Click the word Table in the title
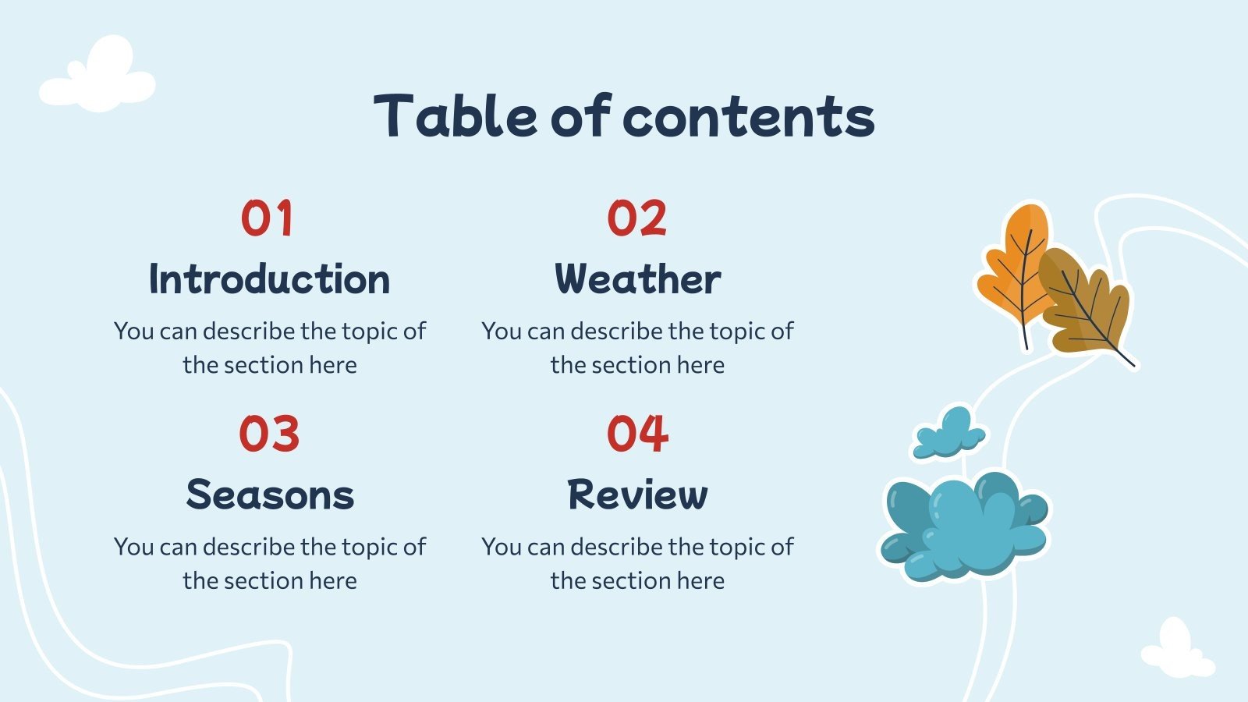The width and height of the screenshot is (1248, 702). pyautogui.click(x=456, y=116)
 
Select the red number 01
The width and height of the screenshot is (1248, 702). pyautogui.click(x=267, y=218)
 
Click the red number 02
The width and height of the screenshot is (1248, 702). pyautogui.click(x=636, y=218)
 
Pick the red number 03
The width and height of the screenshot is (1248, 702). pyautogui.click(x=269, y=434)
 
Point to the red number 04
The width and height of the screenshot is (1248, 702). pyautogui.click(x=637, y=434)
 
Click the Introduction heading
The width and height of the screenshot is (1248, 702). pyautogui.click(x=269, y=279)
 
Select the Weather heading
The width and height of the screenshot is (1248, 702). pyautogui.click(x=637, y=279)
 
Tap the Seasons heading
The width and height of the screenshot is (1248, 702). pyautogui.click(x=270, y=495)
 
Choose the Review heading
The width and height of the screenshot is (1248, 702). pyautogui.click(x=637, y=495)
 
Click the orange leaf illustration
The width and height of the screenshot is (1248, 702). pyautogui.click(x=1014, y=265)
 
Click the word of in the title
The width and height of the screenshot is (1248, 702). pyautogui.click(x=580, y=116)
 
